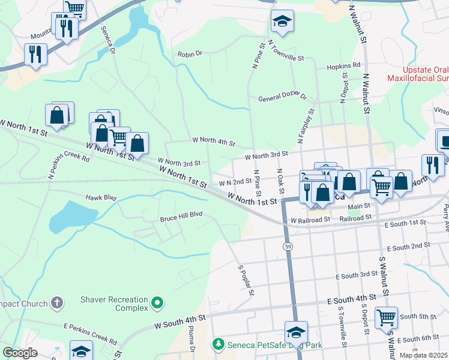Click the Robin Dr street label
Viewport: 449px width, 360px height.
(190, 54)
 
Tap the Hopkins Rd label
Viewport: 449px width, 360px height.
(343, 65)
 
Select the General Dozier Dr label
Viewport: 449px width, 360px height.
(282, 98)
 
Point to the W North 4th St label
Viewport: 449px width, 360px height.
(213, 142)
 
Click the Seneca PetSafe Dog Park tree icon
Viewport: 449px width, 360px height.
(218, 344)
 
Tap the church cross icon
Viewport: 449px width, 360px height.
(57, 302)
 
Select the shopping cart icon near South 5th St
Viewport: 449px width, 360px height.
(386, 317)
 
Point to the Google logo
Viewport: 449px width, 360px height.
(20, 353)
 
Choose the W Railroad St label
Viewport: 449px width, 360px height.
(310, 220)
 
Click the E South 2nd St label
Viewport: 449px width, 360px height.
(409, 247)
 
